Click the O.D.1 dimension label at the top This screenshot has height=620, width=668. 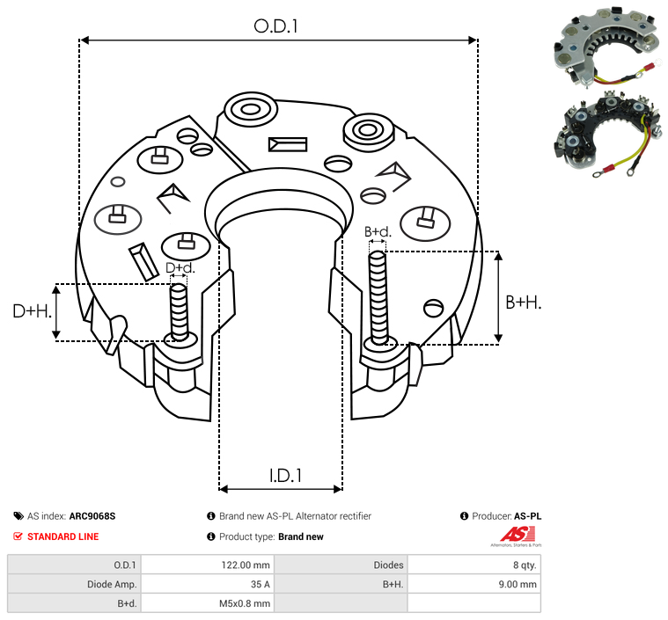(x=275, y=26)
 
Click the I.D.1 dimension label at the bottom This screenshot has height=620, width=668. (x=285, y=476)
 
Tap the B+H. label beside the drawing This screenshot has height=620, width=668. (x=523, y=303)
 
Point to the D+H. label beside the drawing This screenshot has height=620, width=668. (x=33, y=311)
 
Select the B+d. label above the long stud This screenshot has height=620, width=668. (x=378, y=231)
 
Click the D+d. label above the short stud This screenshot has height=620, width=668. (x=180, y=268)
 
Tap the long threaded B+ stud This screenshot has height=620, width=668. (x=378, y=297)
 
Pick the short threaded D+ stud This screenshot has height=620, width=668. (x=179, y=311)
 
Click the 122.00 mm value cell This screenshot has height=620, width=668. (x=208, y=565)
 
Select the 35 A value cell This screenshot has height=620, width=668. (x=208, y=584)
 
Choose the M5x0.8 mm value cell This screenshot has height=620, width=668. (x=208, y=603)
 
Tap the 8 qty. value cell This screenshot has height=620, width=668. (x=474, y=565)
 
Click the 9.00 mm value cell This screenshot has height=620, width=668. (x=474, y=584)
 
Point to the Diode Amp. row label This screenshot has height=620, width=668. (x=112, y=584)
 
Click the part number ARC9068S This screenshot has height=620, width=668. (x=92, y=516)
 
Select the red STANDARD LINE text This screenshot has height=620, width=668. (x=63, y=536)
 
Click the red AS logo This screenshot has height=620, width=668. (x=518, y=535)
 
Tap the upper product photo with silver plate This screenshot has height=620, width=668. (x=607, y=46)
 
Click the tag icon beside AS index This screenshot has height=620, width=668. (x=18, y=516)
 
